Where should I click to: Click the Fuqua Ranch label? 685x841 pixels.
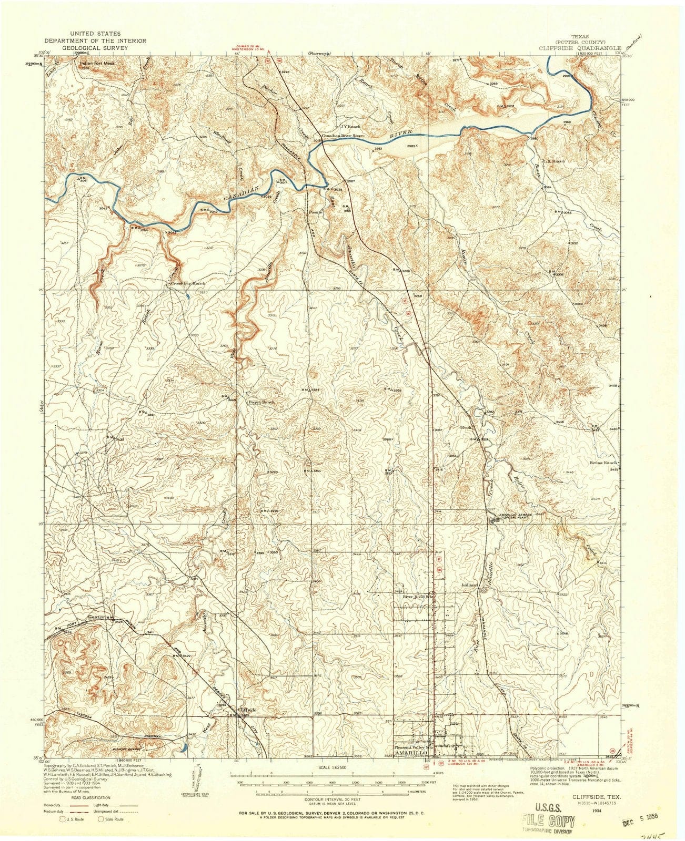(x=261, y=403)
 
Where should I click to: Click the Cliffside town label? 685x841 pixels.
(x=247, y=709)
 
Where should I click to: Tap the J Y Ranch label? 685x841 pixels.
(x=350, y=126)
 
